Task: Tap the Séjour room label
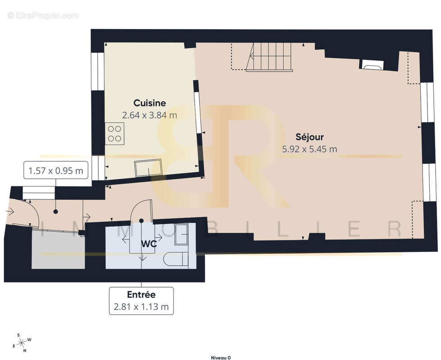coord(309,137)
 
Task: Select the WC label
coord(149,243)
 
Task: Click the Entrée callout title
coord(141,295)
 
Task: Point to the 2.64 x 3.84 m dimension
coord(150,115)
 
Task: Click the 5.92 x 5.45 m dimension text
coord(309,149)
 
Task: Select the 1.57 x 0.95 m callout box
coord(55,171)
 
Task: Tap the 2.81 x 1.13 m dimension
coord(141,307)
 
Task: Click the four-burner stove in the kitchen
coord(114,133)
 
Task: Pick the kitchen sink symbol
coord(148,168)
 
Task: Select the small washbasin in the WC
coord(181,233)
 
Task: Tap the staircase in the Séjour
coord(269,57)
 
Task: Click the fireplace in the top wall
coord(372,65)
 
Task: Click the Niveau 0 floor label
coord(221,357)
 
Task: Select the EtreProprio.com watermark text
coord(43,16)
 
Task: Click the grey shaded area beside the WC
coord(58,250)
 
